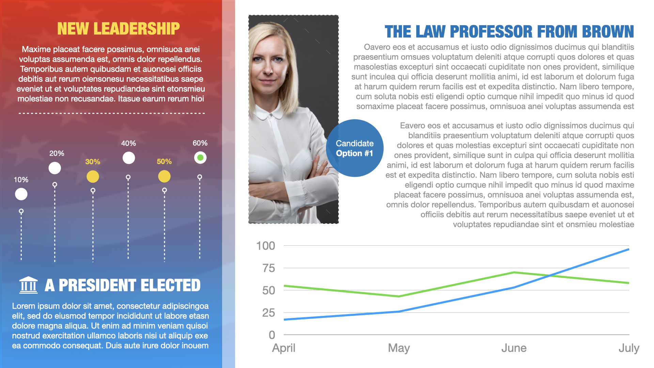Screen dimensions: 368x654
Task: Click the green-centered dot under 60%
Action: click(x=200, y=158)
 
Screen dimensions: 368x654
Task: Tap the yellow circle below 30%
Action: click(x=93, y=177)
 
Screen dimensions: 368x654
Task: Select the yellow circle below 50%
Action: click(x=164, y=177)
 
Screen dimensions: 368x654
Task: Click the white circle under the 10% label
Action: click(x=21, y=194)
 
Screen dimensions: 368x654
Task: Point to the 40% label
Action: click(x=128, y=143)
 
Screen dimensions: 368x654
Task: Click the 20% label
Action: click(x=57, y=153)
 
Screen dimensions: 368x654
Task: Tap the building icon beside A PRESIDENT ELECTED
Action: click(x=28, y=285)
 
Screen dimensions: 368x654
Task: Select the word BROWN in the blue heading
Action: click(x=608, y=32)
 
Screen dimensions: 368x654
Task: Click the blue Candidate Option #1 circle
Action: click(x=355, y=148)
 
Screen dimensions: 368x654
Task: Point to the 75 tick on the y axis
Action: click(x=268, y=268)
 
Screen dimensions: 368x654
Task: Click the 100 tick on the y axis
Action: click(x=265, y=246)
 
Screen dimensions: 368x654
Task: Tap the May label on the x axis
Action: click(x=399, y=348)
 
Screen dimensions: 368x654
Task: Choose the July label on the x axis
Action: click(x=629, y=348)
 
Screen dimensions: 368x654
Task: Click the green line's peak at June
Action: click(x=514, y=272)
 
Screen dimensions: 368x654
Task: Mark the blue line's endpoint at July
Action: click(x=628, y=249)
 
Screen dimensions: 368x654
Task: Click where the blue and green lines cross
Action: click(x=549, y=276)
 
